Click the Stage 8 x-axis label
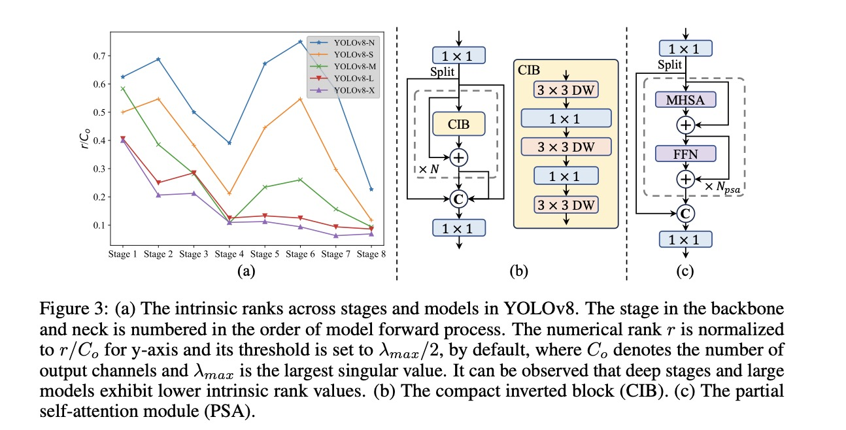[371, 254]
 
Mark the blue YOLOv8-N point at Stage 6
[300, 41]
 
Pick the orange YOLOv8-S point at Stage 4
[229, 193]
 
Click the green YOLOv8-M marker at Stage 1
[123, 88]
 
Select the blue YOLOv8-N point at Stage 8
[371, 190]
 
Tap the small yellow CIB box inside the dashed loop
[458, 123]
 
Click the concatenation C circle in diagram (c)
[685, 212]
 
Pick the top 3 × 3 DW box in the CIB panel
[566, 90]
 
